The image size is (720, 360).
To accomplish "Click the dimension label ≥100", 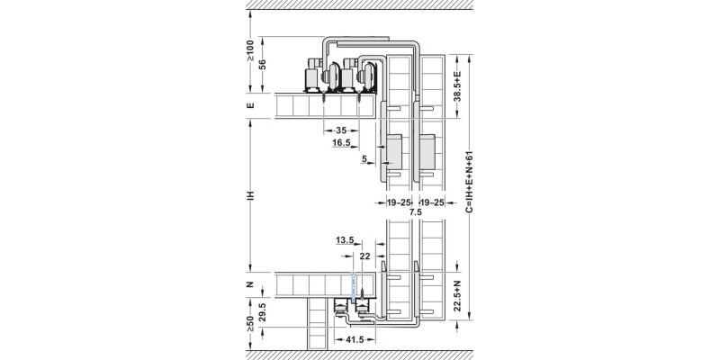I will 251,51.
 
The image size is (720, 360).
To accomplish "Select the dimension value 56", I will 264,64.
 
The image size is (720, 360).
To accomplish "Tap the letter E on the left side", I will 251,106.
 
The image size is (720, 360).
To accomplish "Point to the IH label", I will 251,194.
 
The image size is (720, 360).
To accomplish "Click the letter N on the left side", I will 251,285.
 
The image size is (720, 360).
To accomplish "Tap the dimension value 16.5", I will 341,143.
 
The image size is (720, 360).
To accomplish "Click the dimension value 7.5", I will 414,213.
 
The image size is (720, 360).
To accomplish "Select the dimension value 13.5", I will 344,240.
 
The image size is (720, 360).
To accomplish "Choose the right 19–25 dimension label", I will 433,203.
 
